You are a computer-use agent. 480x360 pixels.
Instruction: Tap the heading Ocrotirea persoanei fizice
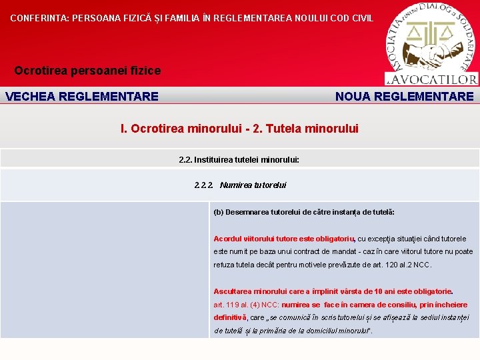click(87, 70)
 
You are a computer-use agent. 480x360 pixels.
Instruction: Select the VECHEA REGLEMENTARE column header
click(82, 96)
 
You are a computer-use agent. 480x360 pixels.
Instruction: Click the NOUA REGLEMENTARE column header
click(405, 96)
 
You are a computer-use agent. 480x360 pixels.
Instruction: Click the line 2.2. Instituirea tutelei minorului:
click(239, 160)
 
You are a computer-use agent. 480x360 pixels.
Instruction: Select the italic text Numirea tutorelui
click(253, 185)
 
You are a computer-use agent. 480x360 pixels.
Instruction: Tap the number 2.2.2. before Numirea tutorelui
click(204, 185)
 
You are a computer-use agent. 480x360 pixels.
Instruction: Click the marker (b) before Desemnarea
click(218, 212)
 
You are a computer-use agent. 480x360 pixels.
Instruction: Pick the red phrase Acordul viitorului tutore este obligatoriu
click(284, 239)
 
